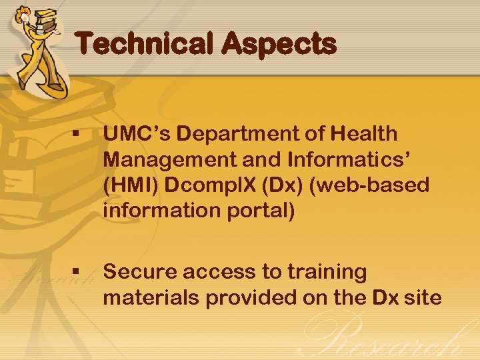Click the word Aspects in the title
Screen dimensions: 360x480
[279, 45]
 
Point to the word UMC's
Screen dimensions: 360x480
[137, 134]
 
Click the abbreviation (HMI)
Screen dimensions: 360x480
[131, 185]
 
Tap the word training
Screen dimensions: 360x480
[327, 272]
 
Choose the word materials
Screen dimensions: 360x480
[151, 297]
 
